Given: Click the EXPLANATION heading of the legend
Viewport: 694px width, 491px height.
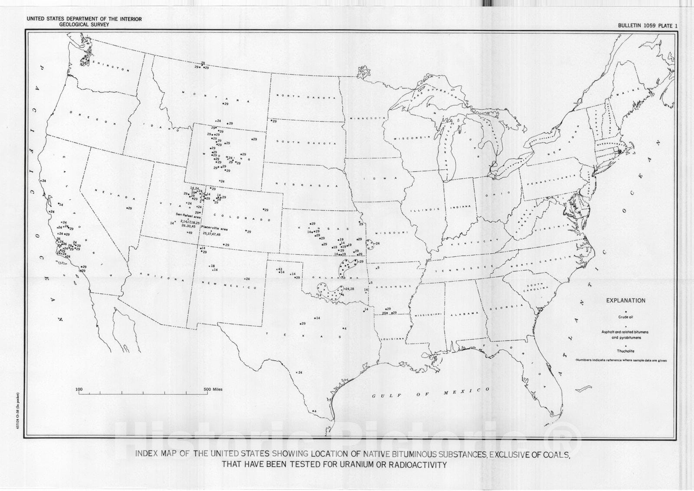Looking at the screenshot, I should tap(625, 301).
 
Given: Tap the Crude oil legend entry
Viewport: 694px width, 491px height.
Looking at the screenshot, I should tap(625, 317).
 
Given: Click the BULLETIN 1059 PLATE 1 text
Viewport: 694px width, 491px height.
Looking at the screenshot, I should tap(648, 26).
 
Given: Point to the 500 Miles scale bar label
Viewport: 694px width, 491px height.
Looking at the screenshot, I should tap(213, 390).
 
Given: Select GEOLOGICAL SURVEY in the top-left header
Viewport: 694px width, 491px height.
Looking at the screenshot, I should tap(85, 25).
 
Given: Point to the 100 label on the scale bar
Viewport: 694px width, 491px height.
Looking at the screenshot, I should tap(79, 390).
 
